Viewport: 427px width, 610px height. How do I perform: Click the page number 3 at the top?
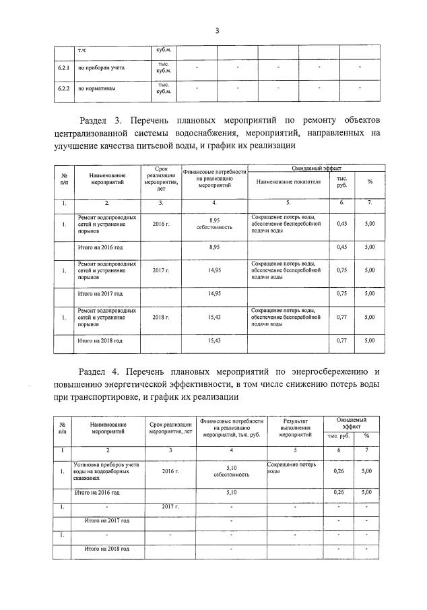coord(217,30)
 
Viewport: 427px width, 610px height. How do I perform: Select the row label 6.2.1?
coord(63,68)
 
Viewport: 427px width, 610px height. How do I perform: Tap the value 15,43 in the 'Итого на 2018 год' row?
coord(214,340)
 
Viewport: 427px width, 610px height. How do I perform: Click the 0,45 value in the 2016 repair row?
coord(341,224)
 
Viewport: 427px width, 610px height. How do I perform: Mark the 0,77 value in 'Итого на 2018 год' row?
coord(341,340)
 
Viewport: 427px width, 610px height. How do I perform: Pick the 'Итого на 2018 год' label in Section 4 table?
coord(106,549)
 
